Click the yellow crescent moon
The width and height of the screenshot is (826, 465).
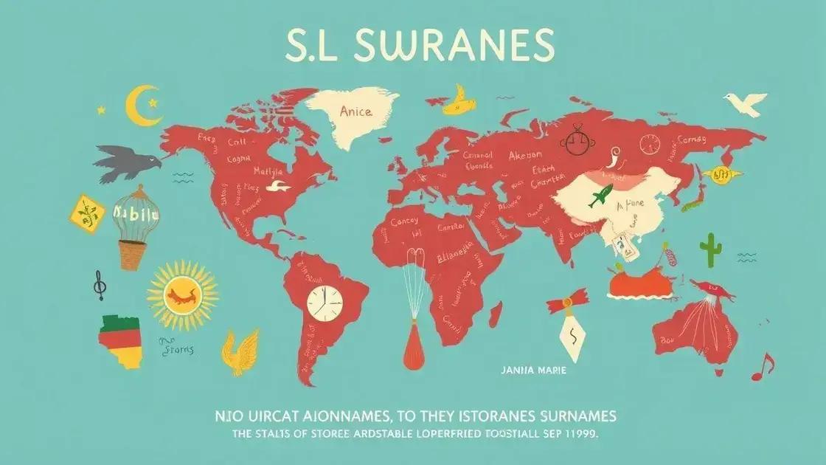(x=139, y=105)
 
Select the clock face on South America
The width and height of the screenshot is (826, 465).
(x=325, y=303)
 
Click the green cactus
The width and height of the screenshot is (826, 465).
(x=710, y=249)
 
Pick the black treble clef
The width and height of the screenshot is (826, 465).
(x=97, y=284)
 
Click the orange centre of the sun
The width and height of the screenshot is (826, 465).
(x=183, y=295)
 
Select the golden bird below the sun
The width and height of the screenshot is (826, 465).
(x=242, y=351)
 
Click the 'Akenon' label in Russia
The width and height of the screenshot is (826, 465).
(x=524, y=156)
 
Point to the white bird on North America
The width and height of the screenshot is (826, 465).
(x=274, y=186)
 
